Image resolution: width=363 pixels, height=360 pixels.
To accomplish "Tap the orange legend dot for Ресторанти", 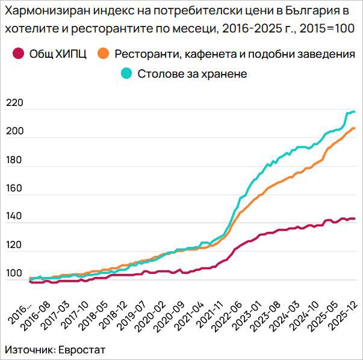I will tap(103, 54).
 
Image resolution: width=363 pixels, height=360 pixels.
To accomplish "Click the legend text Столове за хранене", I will tap(192, 73).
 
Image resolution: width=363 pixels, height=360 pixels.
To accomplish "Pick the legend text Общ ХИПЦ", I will tap(58, 54).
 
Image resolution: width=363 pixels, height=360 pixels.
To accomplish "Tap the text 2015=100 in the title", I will tap(327, 28).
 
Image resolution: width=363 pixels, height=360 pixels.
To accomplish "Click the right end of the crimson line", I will tap(355, 219).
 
